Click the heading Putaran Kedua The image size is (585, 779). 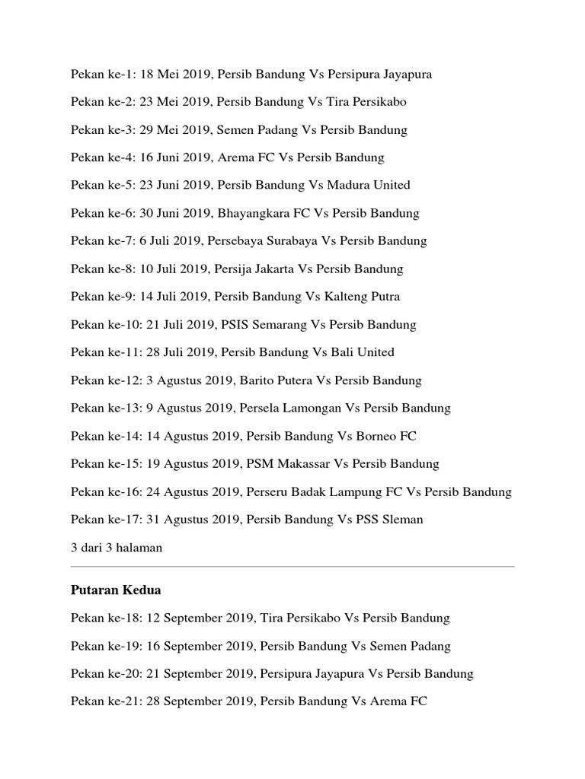(x=116, y=590)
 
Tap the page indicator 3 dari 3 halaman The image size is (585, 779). (x=117, y=548)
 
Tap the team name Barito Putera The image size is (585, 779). (x=277, y=380)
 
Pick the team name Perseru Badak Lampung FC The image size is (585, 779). (x=324, y=492)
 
